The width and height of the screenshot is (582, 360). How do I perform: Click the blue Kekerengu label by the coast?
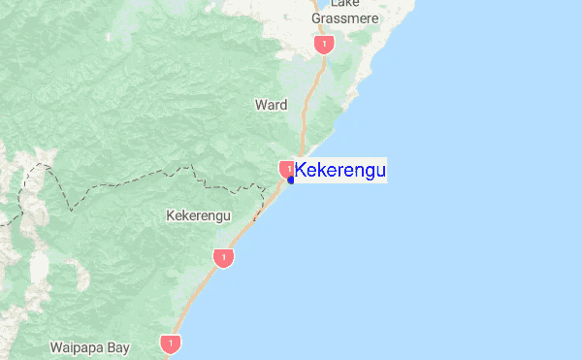(x=339, y=171)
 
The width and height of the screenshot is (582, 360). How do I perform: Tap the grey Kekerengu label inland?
(x=198, y=215)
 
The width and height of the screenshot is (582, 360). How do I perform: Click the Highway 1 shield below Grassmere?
(x=325, y=45)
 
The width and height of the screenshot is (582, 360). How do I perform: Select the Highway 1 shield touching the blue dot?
(x=287, y=169)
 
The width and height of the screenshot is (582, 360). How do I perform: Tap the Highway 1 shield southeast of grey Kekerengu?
(x=224, y=258)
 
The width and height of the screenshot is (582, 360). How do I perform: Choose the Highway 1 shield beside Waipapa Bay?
(x=172, y=344)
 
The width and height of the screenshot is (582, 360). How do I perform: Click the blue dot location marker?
(x=291, y=180)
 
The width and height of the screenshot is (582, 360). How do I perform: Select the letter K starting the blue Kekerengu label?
(x=301, y=171)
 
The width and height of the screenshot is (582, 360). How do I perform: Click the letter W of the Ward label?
(x=259, y=104)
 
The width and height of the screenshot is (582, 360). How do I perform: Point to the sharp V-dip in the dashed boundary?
(x=71, y=208)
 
